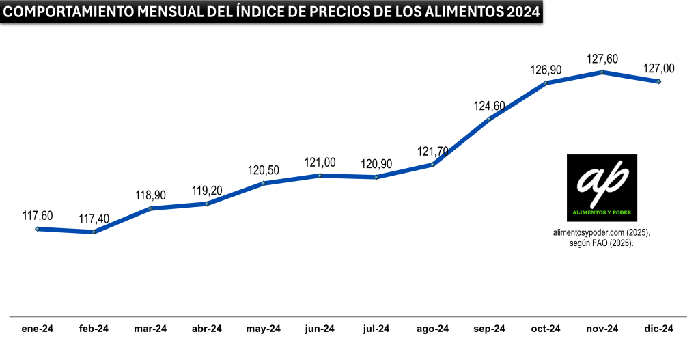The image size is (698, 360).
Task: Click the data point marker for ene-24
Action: [38, 229]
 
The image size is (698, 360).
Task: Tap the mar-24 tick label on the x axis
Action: [151, 329]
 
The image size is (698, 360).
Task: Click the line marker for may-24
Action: [263, 183]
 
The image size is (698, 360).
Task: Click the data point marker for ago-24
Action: [432, 165]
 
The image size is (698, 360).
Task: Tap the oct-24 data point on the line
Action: [546, 83]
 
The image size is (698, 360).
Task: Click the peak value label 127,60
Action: [602, 59]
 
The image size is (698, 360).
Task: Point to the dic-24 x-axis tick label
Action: [659, 329]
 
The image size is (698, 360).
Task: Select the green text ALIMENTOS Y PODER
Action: [602, 212]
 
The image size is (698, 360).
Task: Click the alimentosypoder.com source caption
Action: [602, 233]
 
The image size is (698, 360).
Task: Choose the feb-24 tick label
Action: [94, 329]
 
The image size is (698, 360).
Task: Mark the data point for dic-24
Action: [658, 81]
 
